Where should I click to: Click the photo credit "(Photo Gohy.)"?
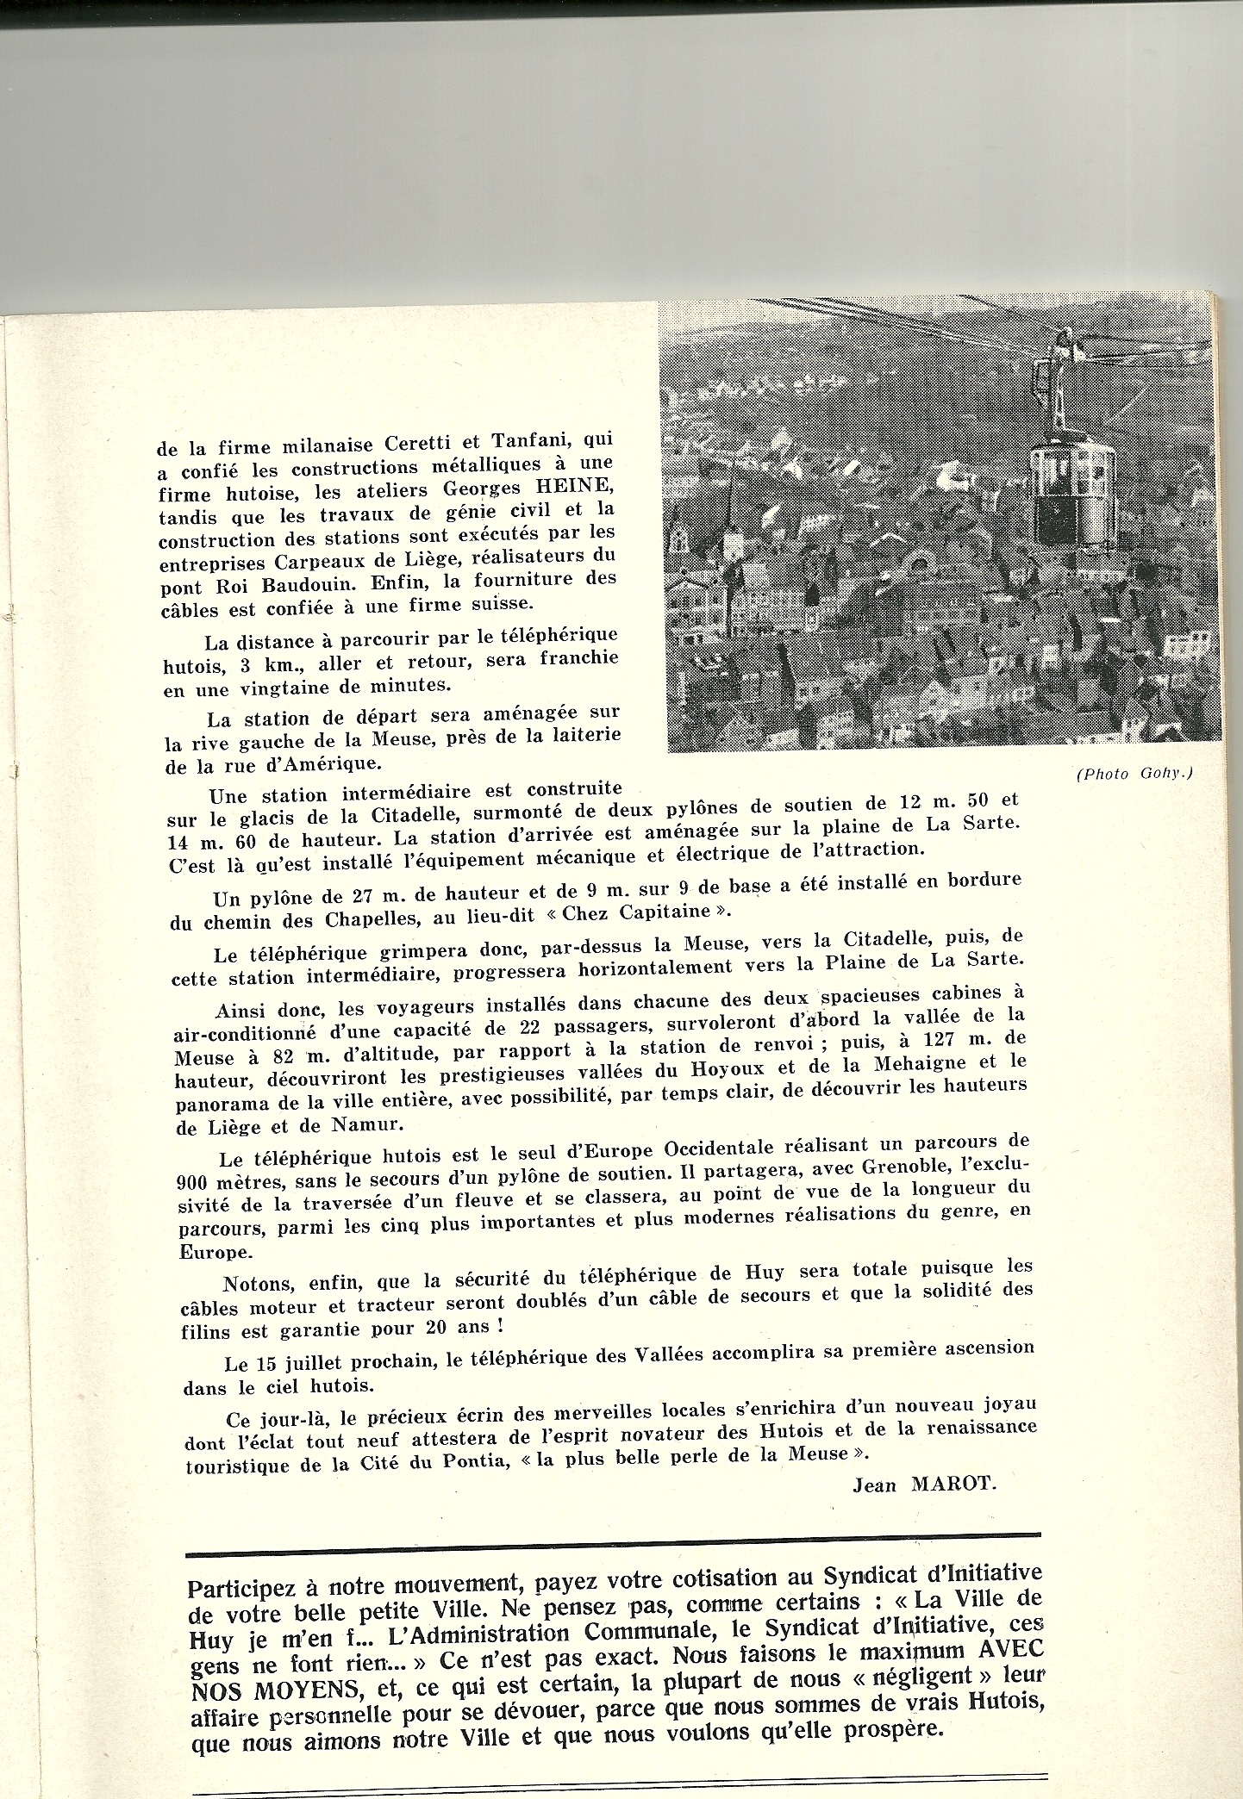click(1134, 773)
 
